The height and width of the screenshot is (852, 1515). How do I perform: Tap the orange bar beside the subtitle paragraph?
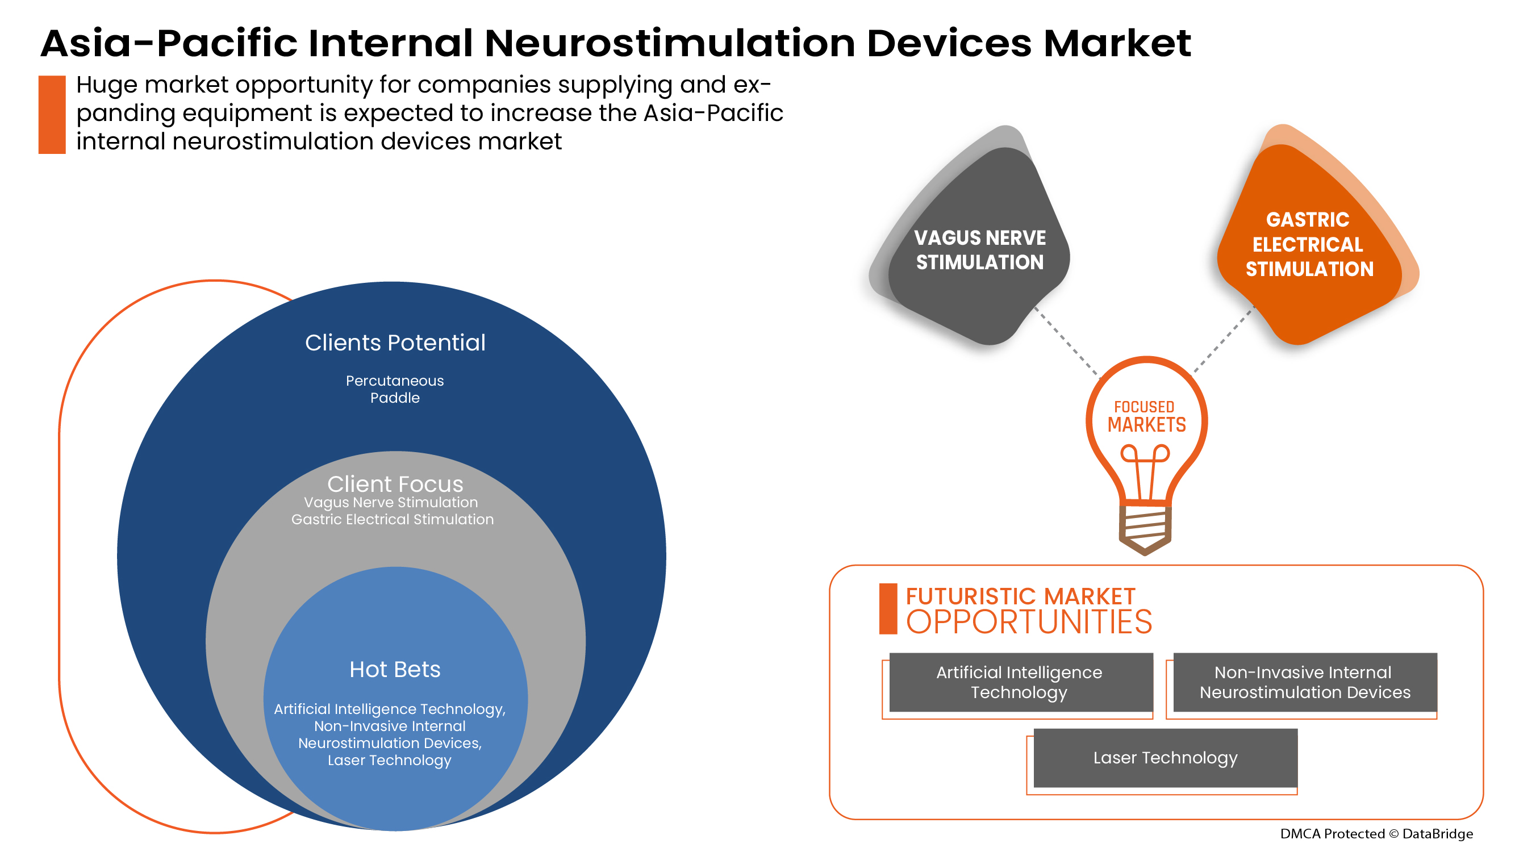(x=52, y=115)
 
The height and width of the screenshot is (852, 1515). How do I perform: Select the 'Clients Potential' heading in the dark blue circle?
(x=395, y=343)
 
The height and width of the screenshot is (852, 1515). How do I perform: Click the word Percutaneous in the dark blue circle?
(x=395, y=381)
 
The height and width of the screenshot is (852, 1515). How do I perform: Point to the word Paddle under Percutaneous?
(x=395, y=398)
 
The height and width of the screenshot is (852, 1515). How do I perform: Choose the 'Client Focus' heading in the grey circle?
(x=395, y=484)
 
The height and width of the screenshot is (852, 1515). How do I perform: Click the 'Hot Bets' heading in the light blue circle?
(x=395, y=669)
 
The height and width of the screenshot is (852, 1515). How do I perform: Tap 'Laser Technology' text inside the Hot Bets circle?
(x=389, y=761)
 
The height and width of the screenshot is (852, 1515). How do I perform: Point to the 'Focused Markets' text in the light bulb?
(x=1146, y=416)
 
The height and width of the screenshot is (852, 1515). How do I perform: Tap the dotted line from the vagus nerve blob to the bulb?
(x=1066, y=341)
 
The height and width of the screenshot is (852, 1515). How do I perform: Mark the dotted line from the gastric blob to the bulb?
(x=1223, y=340)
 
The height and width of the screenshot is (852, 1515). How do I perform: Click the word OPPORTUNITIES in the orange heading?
(x=1029, y=622)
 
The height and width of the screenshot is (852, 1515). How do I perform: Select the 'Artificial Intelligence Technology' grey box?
(x=1020, y=682)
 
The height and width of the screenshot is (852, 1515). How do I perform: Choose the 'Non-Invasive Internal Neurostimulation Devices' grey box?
(x=1304, y=682)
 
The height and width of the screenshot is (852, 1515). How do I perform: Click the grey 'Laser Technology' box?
(x=1165, y=758)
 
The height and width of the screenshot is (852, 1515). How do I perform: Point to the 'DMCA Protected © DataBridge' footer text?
(x=1376, y=834)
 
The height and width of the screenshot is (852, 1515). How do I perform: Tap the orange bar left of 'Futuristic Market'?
(x=887, y=609)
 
